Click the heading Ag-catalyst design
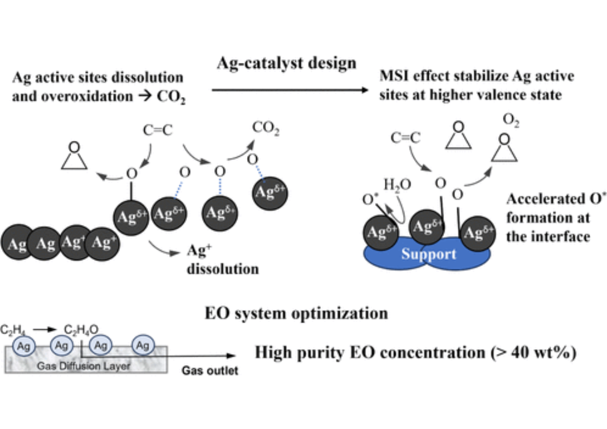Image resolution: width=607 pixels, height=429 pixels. (x=287, y=63)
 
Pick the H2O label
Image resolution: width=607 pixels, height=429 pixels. (x=397, y=186)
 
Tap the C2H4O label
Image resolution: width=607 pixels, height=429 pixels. (x=81, y=330)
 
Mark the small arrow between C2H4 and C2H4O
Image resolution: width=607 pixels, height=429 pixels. (x=45, y=329)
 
